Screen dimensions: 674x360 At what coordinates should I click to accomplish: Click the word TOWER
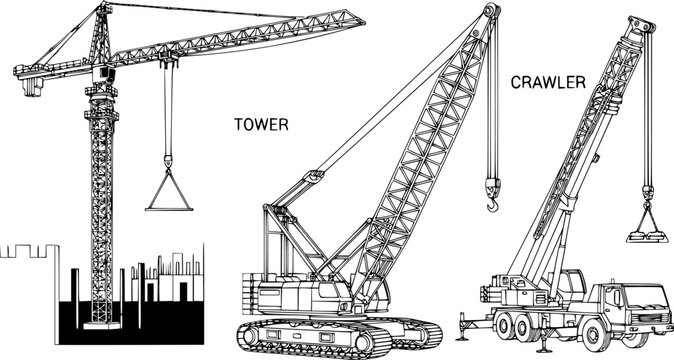tap(261, 125)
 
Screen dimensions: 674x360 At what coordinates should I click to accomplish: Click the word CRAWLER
tap(548, 82)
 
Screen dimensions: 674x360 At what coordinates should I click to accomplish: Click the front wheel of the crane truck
tap(595, 334)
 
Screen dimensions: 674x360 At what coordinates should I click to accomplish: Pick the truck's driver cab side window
tap(613, 297)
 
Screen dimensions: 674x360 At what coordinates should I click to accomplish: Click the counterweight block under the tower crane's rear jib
tap(32, 87)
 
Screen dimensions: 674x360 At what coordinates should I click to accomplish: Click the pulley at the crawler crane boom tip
tap(491, 10)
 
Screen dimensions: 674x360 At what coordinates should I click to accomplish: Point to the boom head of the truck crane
tap(640, 27)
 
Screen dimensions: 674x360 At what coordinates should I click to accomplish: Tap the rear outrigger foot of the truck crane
tap(463, 338)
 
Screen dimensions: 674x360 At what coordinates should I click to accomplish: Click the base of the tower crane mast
tap(102, 325)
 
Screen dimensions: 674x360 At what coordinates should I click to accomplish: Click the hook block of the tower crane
tap(168, 162)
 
